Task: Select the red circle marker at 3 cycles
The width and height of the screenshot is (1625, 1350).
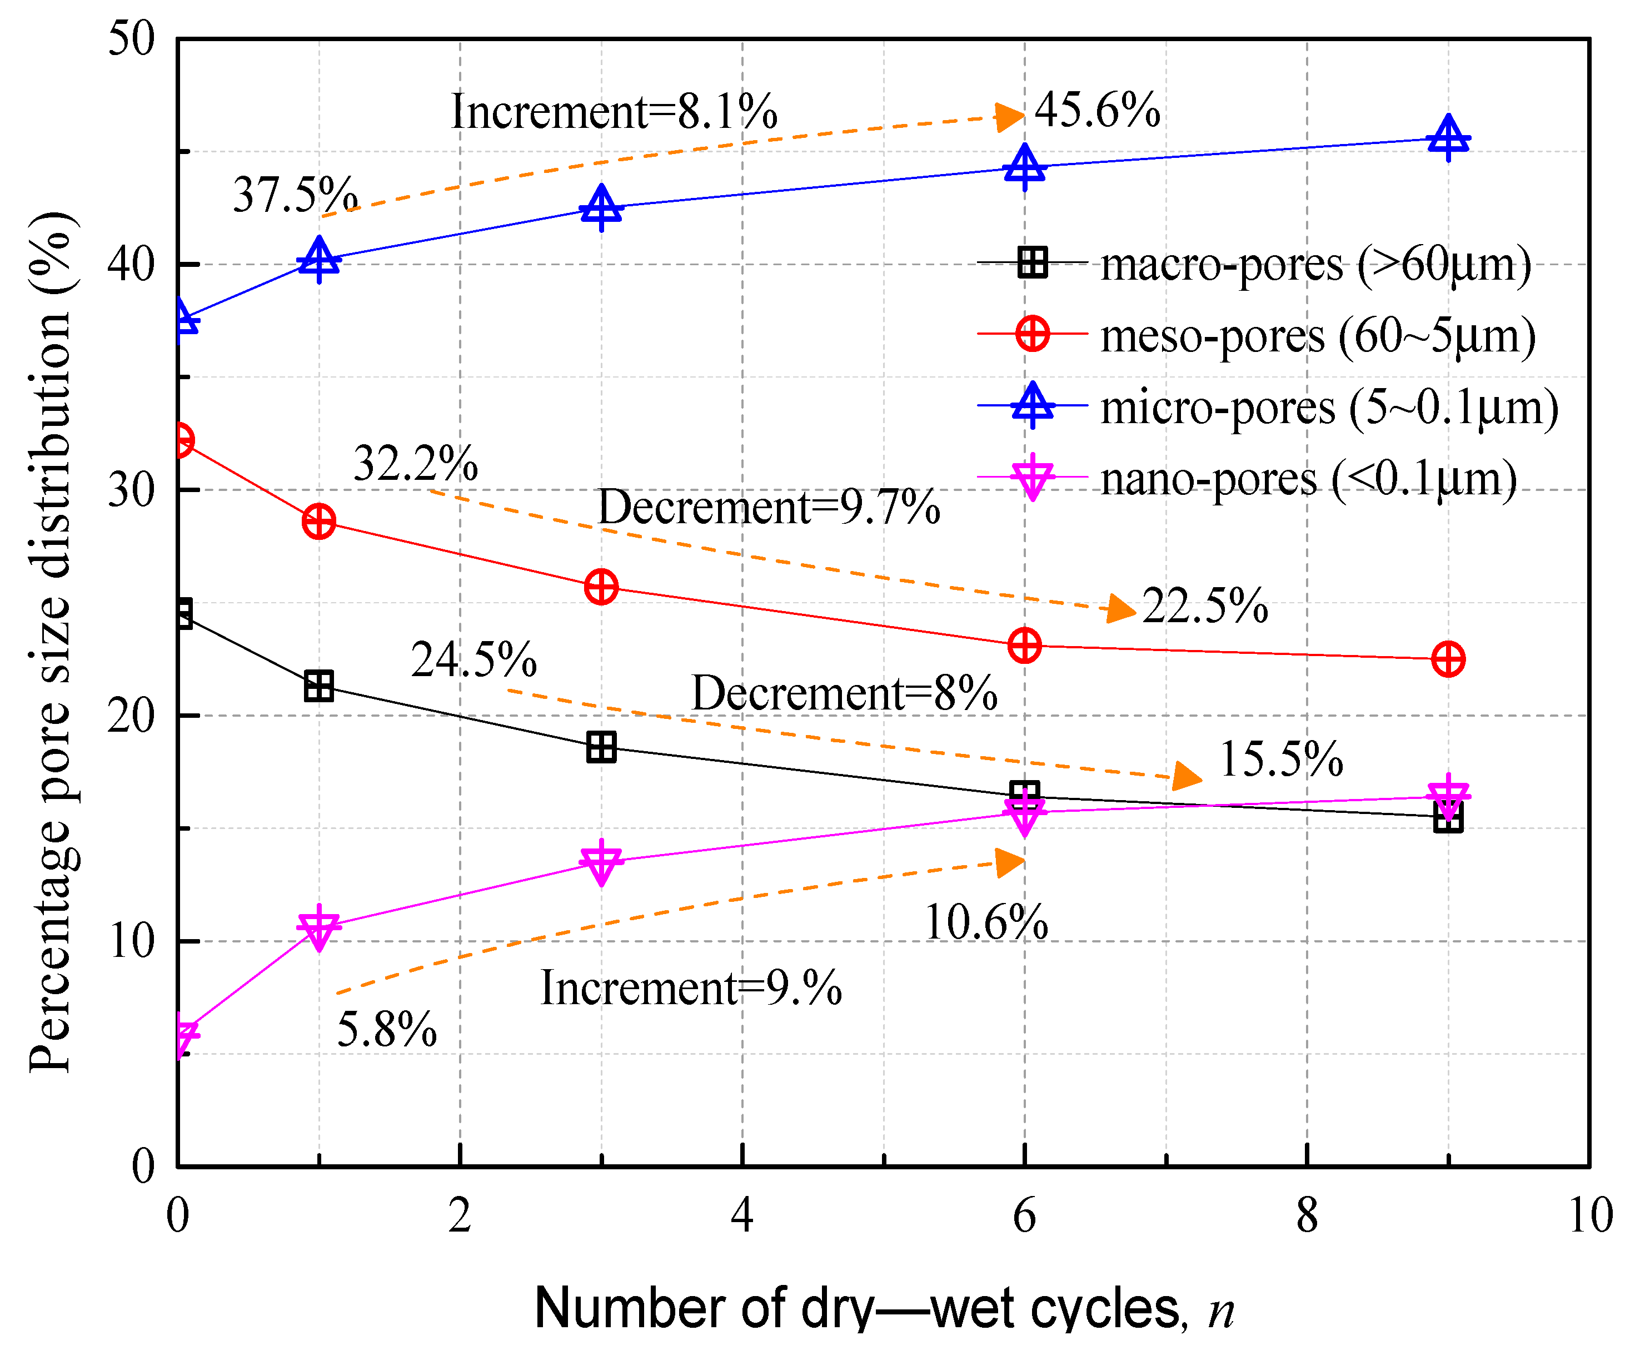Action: (x=601, y=587)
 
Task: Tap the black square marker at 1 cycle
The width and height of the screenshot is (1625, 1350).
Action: (x=319, y=686)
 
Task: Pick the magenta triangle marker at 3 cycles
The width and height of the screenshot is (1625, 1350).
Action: (x=601, y=861)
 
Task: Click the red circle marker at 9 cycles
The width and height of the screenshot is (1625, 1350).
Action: (x=1448, y=659)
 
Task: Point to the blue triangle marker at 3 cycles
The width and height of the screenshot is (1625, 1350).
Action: (x=601, y=207)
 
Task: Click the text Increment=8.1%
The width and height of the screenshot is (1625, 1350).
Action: (x=614, y=111)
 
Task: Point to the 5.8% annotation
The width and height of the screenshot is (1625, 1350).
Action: (x=387, y=1030)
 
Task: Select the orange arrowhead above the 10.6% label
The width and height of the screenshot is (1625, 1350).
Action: (x=1009, y=862)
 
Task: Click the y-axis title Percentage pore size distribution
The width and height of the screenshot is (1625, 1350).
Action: (x=51, y=643)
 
